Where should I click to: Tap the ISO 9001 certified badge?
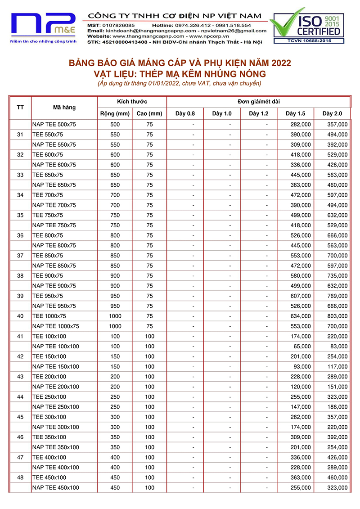[307, 26]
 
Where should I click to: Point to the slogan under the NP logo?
[43, 41]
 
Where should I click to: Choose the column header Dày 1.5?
[295, 113]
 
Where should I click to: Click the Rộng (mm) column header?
[115, 113]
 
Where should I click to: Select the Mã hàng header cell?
[64, 108]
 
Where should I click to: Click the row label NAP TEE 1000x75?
[56, 326]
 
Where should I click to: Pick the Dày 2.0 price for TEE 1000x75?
[337, 316]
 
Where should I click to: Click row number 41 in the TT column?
[20, 336]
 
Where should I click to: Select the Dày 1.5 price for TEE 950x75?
[301, 296]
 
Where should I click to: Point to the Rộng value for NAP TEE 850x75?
[115, 266]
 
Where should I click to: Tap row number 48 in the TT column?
[20, 477]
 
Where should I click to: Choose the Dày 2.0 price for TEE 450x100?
[337, 477]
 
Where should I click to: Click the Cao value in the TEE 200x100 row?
[149, 377]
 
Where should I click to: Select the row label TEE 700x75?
[48, 195]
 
